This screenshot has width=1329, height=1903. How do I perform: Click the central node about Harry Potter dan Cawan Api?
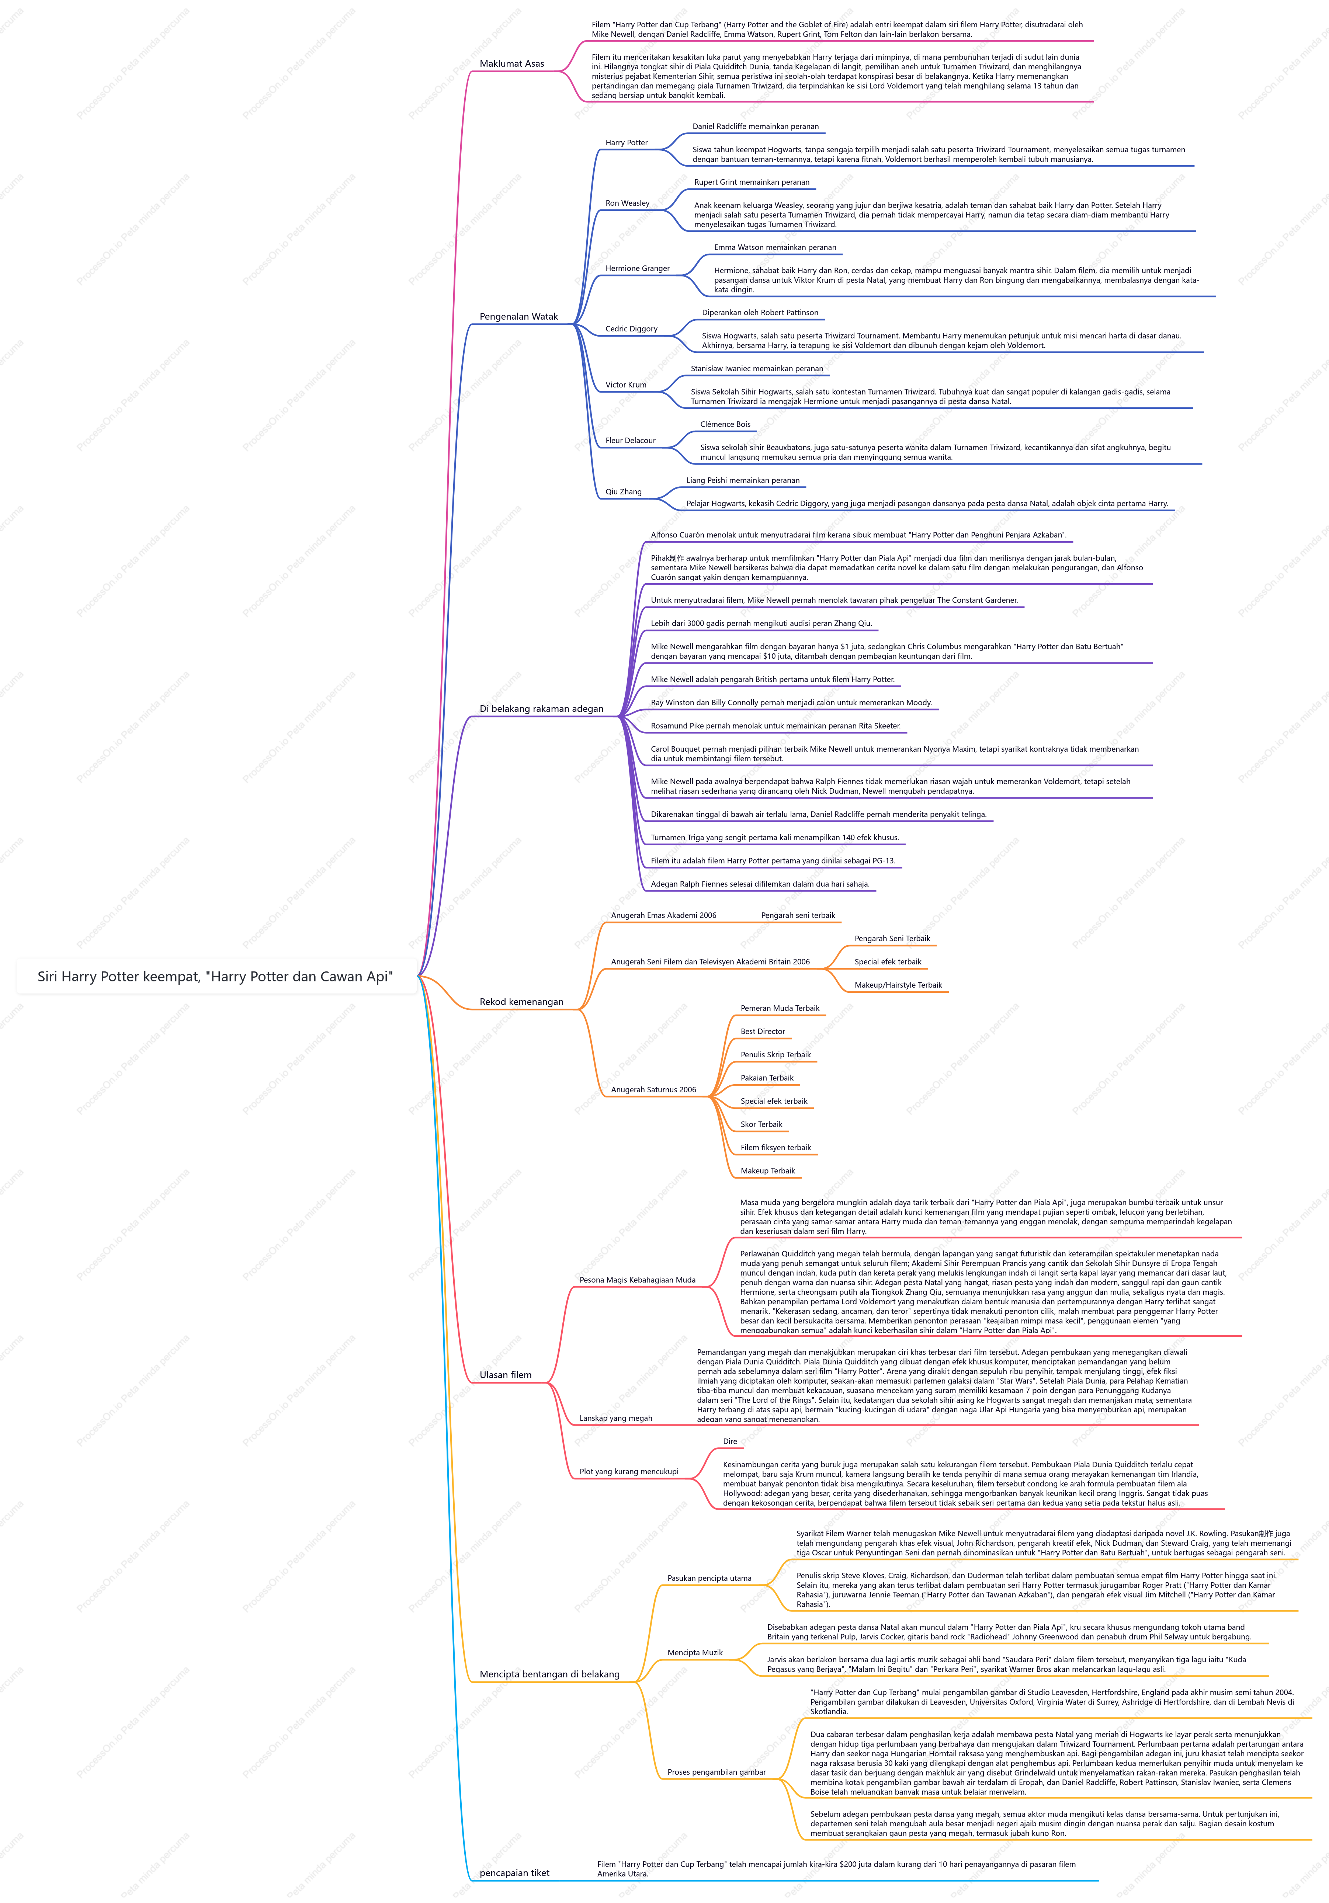click(216, 976)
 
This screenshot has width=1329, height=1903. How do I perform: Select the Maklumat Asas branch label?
click(511, 64)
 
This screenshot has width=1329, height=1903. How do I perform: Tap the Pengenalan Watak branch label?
click(518, 317)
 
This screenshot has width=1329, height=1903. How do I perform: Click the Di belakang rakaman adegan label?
click(541, 709)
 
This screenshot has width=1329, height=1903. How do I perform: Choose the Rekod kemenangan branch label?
click(521, 1002)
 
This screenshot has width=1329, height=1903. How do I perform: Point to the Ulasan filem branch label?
click(505, 1375)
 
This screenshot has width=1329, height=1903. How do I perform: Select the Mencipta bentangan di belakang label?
click(549, 1674)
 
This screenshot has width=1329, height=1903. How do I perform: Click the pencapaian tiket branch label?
click(514, 1873)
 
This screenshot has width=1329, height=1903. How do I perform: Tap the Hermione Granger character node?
click(637, 268)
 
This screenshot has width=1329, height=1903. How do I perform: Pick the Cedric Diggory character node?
click(631, 329)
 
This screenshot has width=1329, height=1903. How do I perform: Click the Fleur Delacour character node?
click(630, 441)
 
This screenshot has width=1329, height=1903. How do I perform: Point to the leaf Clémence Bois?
click(725, 424)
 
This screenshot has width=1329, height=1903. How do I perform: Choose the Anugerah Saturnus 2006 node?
click(653, 1090)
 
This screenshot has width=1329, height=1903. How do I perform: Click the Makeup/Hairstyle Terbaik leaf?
click(898, 985)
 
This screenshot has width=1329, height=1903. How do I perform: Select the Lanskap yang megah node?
click(615, 1418)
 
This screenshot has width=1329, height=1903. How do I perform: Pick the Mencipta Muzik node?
click(695, 1653)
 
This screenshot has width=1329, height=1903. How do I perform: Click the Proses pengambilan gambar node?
click(716, 1772)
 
